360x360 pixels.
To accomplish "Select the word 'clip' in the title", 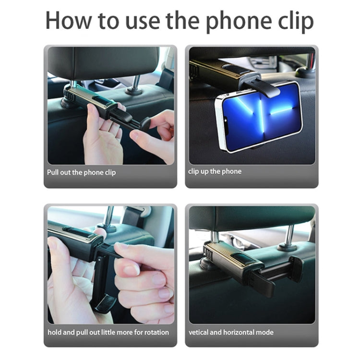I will pos(293,20).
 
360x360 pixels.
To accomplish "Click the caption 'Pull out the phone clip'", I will pos(81,172).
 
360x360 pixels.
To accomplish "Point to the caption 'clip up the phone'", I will pos(215,171).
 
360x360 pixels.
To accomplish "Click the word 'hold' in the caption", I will pos(54,332).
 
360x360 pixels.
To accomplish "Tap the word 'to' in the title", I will pos(107,20).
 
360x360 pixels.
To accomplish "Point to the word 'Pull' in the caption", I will pos(53,172).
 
